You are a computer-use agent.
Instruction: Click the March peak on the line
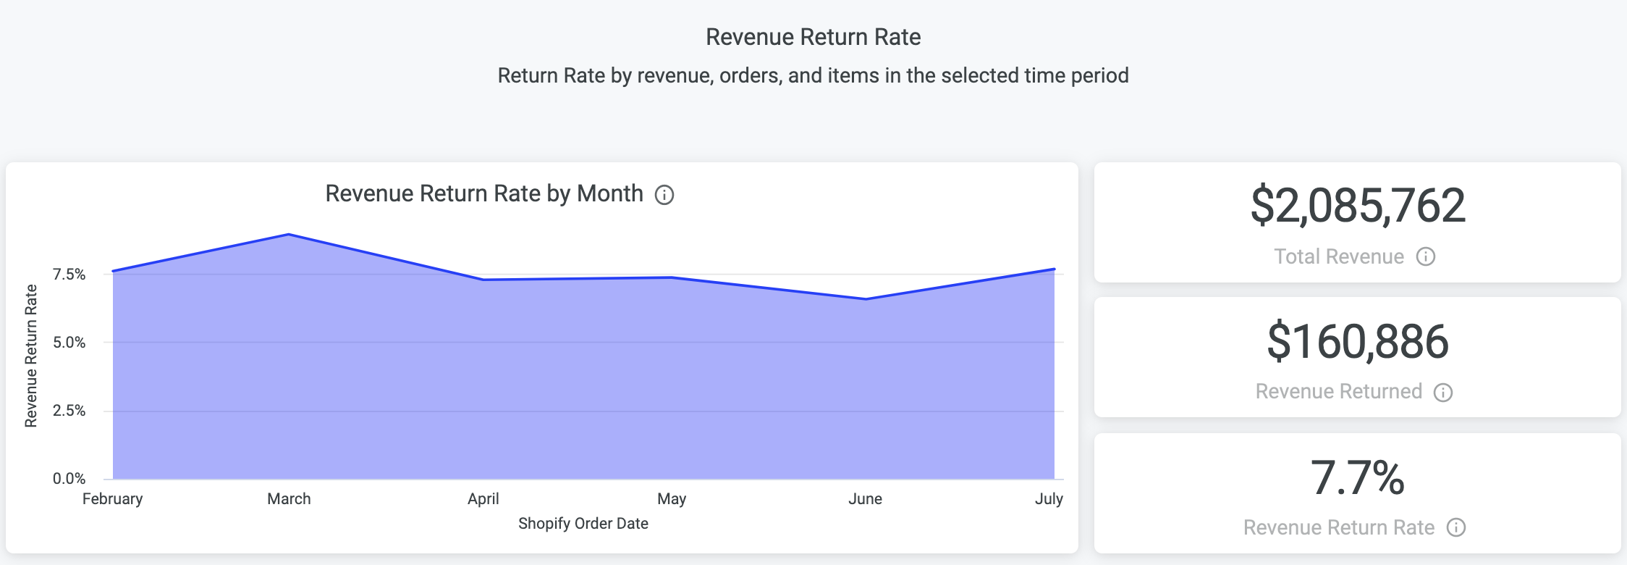289,235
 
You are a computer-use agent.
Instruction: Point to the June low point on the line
866,299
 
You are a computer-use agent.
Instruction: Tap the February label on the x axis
112,499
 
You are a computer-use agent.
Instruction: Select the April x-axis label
483,499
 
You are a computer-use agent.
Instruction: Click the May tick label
672,499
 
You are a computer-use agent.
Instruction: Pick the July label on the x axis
1048,499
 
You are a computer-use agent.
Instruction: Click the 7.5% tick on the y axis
69,275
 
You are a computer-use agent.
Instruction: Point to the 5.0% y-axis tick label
69,343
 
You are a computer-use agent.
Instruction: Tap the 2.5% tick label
69,411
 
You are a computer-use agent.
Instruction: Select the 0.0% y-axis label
69,479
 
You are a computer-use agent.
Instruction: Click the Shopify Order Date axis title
583,524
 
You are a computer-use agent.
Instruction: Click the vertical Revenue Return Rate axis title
31,356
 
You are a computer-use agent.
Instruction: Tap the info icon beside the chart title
664,195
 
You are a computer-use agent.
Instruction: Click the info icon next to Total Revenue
1426,256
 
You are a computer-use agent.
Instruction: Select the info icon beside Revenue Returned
1443,393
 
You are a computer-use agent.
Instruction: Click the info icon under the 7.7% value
1456,527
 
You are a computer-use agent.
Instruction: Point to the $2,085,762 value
1358,206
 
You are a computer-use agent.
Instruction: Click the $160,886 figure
1358,342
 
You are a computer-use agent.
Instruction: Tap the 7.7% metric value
1358,478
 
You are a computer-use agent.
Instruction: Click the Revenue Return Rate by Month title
483,194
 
